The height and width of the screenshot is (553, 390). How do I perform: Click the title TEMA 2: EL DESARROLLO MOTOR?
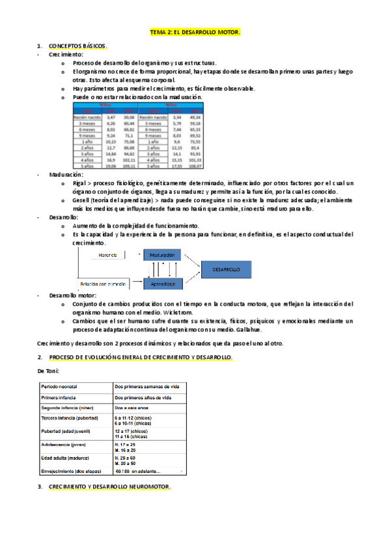(195, 31)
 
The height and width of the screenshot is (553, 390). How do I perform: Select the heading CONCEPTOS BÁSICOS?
(78, 46)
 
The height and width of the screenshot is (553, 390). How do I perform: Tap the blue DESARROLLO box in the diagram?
(225, 269)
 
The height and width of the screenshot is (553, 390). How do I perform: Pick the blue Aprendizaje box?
(162, 284)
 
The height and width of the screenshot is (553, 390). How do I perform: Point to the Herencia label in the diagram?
(108, 255)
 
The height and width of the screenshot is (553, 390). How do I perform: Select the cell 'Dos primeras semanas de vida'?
(147, 387)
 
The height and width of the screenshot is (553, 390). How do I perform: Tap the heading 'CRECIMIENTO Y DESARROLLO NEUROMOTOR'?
(109, 487)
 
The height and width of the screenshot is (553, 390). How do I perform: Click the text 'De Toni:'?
(48, 370)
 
